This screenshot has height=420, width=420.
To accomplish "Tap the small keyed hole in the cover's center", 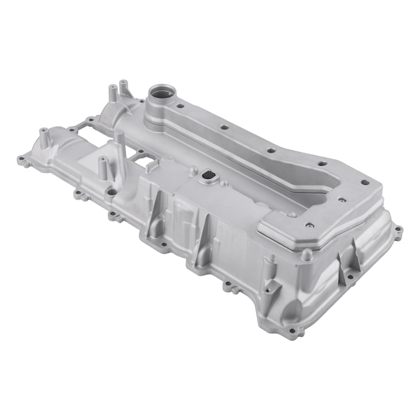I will click(x=208, y=178).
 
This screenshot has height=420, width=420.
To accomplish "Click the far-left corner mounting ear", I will click(x=21, y=160).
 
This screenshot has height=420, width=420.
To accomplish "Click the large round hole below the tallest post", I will click(x=111, y=191).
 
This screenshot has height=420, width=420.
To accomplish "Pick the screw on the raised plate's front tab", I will click(x=308, y=225).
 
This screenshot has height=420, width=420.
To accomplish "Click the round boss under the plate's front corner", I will click(x=306, y=254).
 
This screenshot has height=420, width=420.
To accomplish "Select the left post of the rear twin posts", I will click(x=111, y=93).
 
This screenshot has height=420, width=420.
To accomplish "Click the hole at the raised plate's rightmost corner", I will click(x=364, y=183).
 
